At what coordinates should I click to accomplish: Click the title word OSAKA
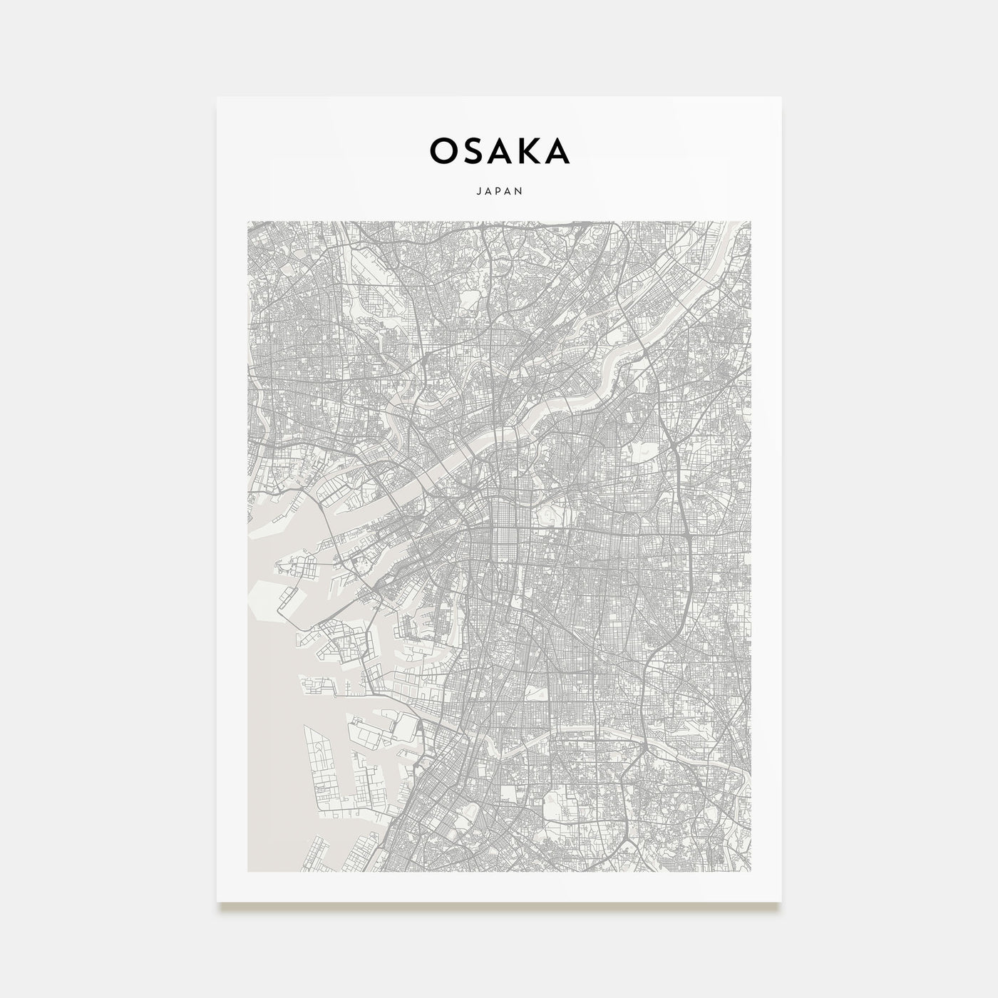[499, 151]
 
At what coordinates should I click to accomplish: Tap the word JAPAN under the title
[499, 191]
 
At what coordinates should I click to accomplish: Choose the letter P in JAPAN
[499, 191]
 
